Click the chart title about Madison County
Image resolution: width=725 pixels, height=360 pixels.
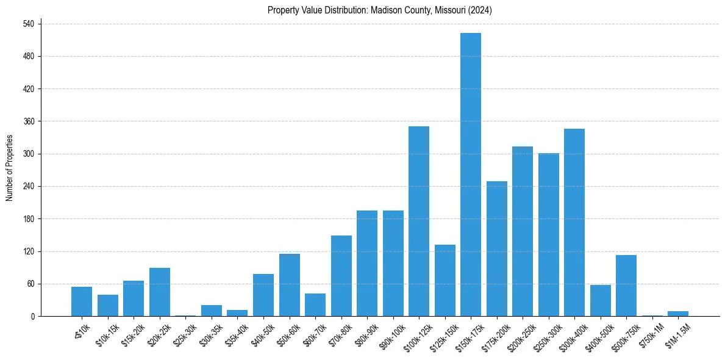click(379, 10)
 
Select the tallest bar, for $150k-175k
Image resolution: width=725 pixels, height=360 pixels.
click(470, 175)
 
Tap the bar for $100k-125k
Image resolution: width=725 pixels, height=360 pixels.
click(418, 221)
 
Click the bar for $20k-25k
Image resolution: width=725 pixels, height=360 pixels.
click(160, 292)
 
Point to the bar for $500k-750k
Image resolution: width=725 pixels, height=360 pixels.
click(626, 286)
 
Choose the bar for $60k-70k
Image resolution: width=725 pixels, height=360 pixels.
click(315, 304)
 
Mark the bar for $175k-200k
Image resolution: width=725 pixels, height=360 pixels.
click(496, 248)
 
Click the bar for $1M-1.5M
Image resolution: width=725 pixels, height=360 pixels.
click(677, 314)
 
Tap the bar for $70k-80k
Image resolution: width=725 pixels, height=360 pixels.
click(341, 276)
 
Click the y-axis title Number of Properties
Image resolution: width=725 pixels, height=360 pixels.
click(10, 168)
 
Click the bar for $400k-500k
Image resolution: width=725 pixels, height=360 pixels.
click(600, 300)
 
